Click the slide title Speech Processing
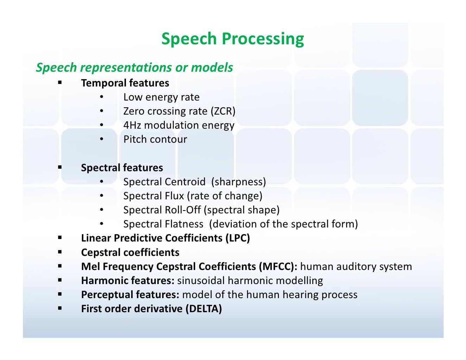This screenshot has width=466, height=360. [232, 39]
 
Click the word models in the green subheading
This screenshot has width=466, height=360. [212, 67]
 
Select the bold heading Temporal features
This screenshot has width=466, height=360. [125, 83]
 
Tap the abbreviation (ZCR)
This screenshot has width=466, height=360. [223, 111]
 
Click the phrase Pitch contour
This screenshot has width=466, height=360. [155, 140]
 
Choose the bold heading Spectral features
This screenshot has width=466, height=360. [122, 168]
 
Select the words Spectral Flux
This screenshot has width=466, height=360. [154, 196]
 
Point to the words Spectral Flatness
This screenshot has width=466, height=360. [163, 224]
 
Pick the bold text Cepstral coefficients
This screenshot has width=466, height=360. [130, 252]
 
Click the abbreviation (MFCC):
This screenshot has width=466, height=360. [278, 266]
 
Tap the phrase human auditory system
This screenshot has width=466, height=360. [356, 266]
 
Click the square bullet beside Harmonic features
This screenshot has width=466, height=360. [60, 280]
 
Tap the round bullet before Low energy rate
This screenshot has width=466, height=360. [101, 97]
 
